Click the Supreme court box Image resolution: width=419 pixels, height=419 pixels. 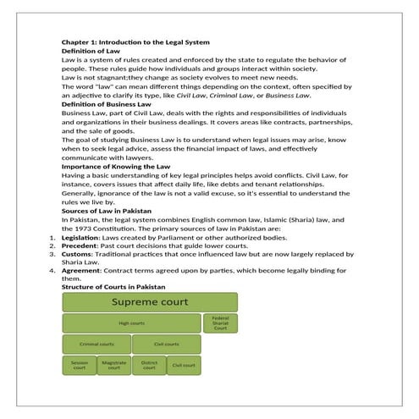tap(150, 302)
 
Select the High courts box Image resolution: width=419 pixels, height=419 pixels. tap(130, 323)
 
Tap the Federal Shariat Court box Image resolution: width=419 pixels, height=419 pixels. tap(220, 323)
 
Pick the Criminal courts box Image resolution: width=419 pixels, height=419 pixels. tap(96, 345)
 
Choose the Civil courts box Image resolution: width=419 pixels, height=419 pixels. tap(167, 345)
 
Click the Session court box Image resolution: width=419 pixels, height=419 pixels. tap(79, 366)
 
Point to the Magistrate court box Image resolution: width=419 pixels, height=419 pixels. tap(114, 366)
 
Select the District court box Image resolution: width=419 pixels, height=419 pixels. tap(149, 366)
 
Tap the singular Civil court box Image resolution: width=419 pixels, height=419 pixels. tap(184, 366)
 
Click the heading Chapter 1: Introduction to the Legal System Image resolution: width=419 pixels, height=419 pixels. tap(135, 42)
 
